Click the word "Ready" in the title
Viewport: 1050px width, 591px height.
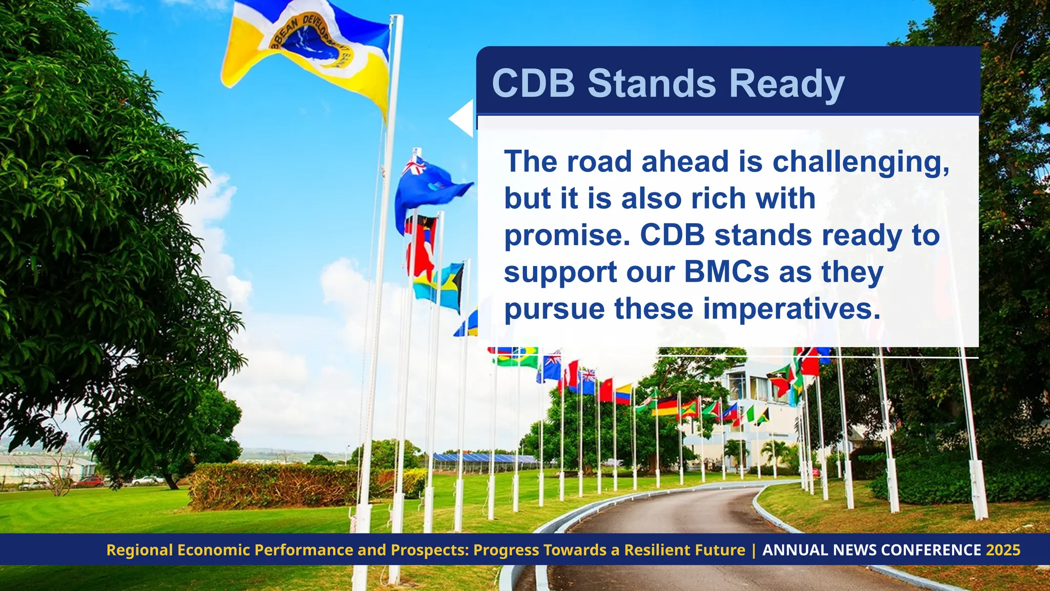coord(786,84)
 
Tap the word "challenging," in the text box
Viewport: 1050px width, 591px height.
coord(861,163)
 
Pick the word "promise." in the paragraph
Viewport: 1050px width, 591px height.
coord(567,235)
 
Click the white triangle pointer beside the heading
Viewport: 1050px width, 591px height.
coord(462,119)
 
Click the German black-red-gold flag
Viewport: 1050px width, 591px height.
coord(667,405)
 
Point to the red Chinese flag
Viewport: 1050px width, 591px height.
coord(605,390)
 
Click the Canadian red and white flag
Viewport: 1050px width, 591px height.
coord(569,373)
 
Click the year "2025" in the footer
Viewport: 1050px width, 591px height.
coord(1003,550)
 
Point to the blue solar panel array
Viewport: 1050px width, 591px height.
coord(482,458)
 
